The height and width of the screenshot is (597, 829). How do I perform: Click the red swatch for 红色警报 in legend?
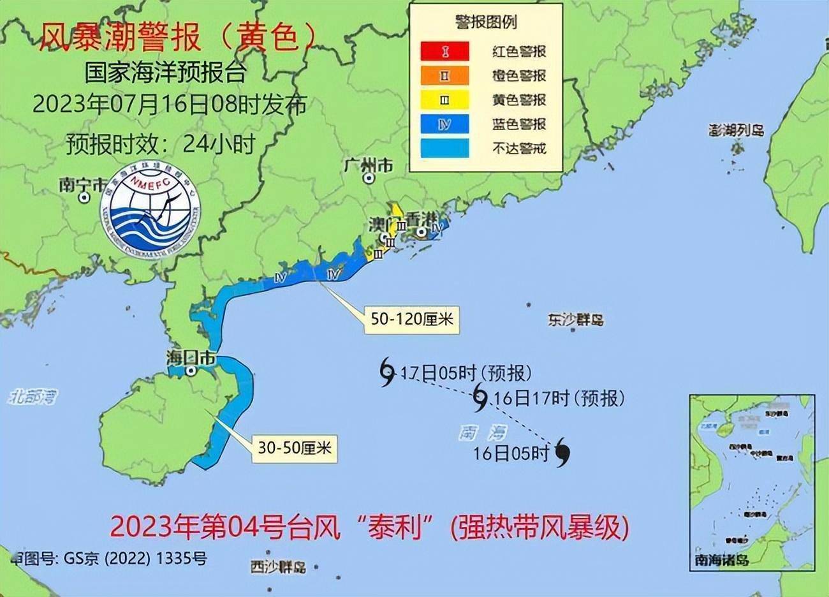pyautogui.click(x=444, y=51)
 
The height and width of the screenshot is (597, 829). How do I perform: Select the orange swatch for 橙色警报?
pyautogui.click(x=444, y=75)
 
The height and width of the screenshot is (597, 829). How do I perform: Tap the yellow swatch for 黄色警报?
pyautogui.click(x=444, y=99)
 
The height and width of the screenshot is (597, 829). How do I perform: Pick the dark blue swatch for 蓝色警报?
pyautogui.click(x=444, y=124)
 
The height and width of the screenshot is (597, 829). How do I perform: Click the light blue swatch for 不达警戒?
pyautogui.click(x=444, y=149)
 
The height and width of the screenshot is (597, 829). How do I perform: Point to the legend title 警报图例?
pyautogui.click(x=485, y=22)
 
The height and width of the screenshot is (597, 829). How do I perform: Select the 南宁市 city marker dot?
pyautogui.click(x=84, y=198)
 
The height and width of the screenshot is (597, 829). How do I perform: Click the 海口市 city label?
pyautogui.click(x=191, y=358)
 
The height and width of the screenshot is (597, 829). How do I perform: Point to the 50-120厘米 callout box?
pyautogui.click(x=412, y=318)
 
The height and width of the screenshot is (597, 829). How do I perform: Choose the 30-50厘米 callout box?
pyautogui.click(x=295, y=448)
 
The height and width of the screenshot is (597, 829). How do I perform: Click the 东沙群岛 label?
pyautogui.click(x=575, y=320)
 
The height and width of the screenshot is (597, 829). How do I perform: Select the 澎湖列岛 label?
pyautogui.click(x=736, y=130)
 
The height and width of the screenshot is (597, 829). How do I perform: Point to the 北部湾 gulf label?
pyautogui.click(x=33, y=397)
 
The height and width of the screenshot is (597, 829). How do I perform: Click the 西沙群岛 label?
pyautogui.click(x=278, y=566)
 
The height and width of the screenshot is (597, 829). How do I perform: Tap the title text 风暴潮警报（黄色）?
pyautogui.click(x=177, y=38)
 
